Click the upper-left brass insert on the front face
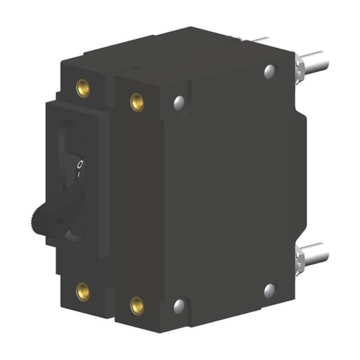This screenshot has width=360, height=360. click(83, 89)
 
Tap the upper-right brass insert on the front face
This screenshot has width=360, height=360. click(137, 101)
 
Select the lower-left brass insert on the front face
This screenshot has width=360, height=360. click(83, 292)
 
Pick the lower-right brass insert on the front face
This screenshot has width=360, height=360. click(137, 305)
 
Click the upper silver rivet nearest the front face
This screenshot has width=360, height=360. click(179, 102)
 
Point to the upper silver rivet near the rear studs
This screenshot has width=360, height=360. click(269, 71)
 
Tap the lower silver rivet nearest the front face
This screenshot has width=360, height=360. click(179, 305)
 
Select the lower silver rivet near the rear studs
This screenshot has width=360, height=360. click(269, 291)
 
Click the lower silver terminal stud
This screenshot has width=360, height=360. click(315, 253)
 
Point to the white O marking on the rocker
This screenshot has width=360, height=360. click(80, 163)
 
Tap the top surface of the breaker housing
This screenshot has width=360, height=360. click(174, 51)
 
